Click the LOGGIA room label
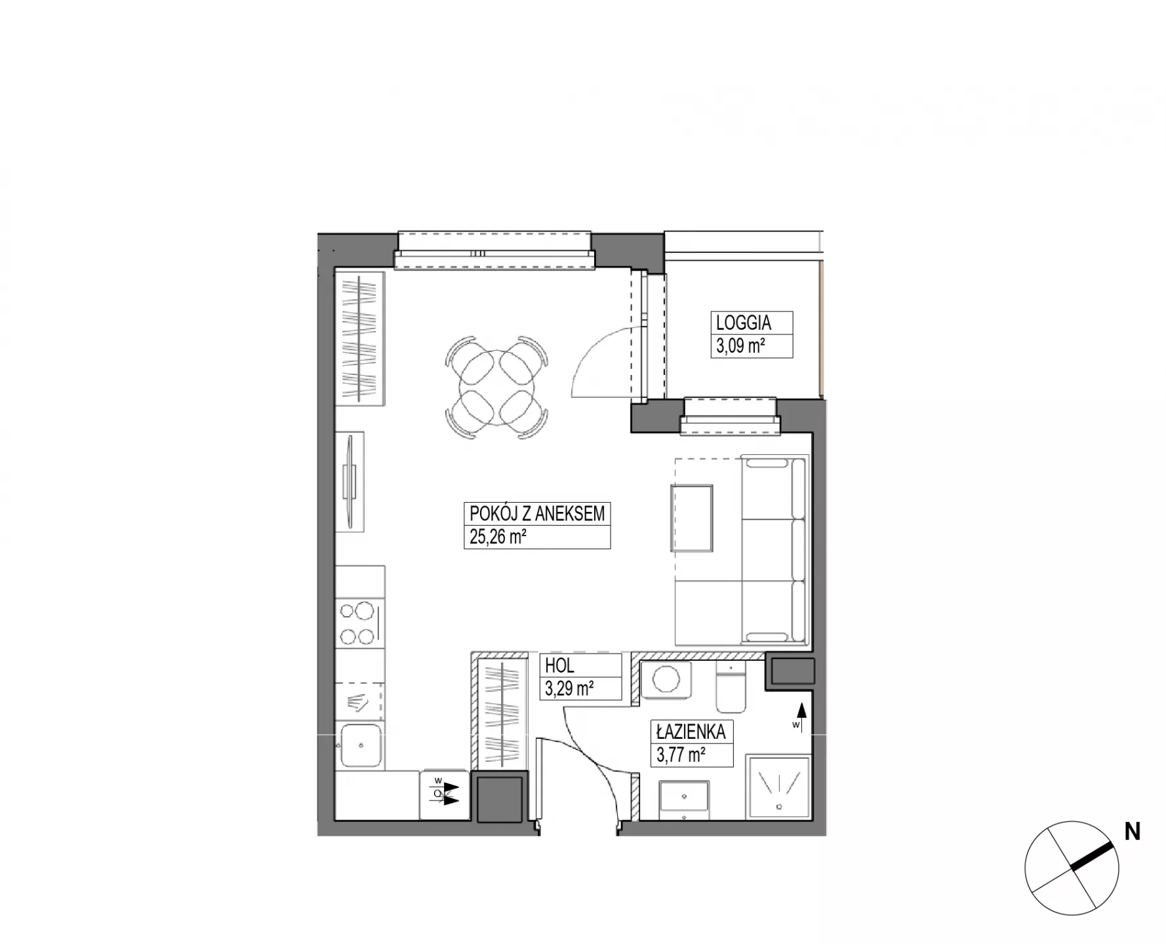click(x=743, y=323)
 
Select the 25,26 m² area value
click(x=498, y=537)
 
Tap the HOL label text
click(x=559, y=665)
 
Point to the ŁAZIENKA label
click(x=691, y=731)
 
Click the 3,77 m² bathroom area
click(x=681, y=755)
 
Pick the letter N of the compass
click(x=1133, y=832)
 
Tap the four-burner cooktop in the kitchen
click(x=359, y=623)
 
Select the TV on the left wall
click(x=350, y=481)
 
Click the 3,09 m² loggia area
click(x=740, y=345)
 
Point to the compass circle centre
click(x=1072, y=868)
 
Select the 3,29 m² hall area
click(x=569, y=688)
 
